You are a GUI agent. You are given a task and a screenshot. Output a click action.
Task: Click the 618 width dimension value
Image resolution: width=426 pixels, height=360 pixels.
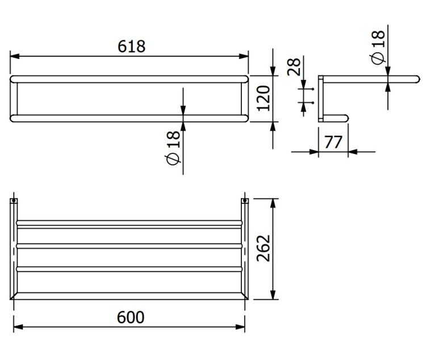132,46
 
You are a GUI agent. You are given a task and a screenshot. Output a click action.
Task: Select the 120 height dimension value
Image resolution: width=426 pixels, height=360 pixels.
264,98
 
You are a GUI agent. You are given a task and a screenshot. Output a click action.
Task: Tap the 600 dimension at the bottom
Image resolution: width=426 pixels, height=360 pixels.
131,317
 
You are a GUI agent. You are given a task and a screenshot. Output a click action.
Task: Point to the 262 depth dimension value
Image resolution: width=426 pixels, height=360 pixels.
264,248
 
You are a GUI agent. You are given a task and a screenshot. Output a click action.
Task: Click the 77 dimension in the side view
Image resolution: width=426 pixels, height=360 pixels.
333,142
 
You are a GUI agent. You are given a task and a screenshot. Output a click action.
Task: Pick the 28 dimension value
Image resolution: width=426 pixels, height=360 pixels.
294,66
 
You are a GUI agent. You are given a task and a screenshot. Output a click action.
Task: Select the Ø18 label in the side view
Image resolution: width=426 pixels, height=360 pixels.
378,47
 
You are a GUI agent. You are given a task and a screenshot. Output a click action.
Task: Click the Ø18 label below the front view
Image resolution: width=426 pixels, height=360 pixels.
173,148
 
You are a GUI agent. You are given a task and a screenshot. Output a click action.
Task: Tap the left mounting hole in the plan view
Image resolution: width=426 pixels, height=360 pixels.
14,201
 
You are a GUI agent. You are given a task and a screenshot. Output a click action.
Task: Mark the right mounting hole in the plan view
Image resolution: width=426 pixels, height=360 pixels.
245,201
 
